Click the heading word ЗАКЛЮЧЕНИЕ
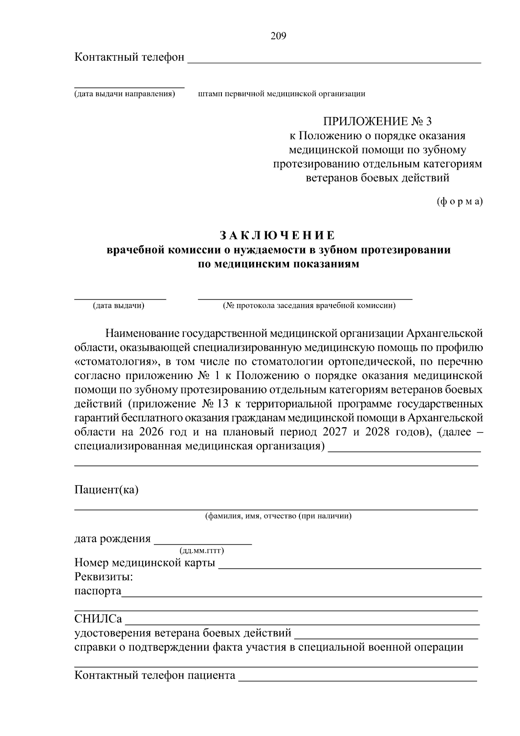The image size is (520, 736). pos(277,236)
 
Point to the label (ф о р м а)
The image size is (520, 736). pos(459,202)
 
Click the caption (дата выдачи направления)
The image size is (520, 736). pos(124,94)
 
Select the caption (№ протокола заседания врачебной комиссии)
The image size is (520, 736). pos(309,306)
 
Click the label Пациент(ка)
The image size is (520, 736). pos(107,490)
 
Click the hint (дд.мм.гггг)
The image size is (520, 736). pos(201,551)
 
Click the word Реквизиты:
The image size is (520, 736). pos(104,577)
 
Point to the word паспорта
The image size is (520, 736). pos(98,591)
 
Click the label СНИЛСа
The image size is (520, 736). pos(98,618)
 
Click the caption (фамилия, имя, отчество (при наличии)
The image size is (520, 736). pos(278,516)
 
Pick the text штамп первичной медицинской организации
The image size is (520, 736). pos(281,94)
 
